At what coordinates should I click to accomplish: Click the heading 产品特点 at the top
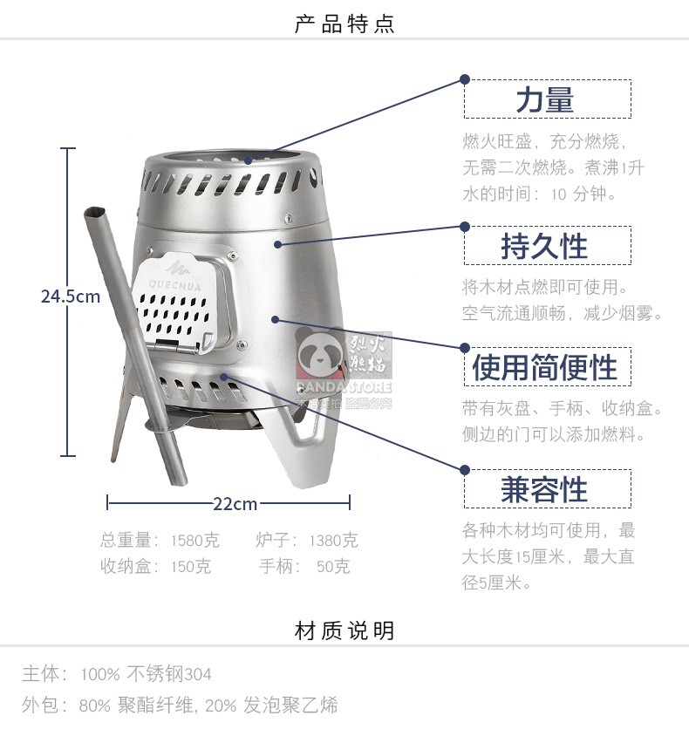(x=344, y=24)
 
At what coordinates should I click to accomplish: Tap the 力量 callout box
(x=547, y=99)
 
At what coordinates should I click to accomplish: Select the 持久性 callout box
(x=547, y=246)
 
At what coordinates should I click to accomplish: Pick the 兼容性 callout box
(x=547, y=488)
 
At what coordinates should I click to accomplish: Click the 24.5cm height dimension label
(x=71, y=296)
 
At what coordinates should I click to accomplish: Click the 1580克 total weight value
(x=191, y=541)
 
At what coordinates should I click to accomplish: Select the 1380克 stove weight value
(x=332, y=541)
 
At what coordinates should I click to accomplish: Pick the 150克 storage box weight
(x=191, y=567)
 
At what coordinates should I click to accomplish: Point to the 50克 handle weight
(x=332, y=567)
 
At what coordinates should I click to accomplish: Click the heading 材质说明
(x=344, y=630)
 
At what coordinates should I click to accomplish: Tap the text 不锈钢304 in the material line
(x=169, y=674)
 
